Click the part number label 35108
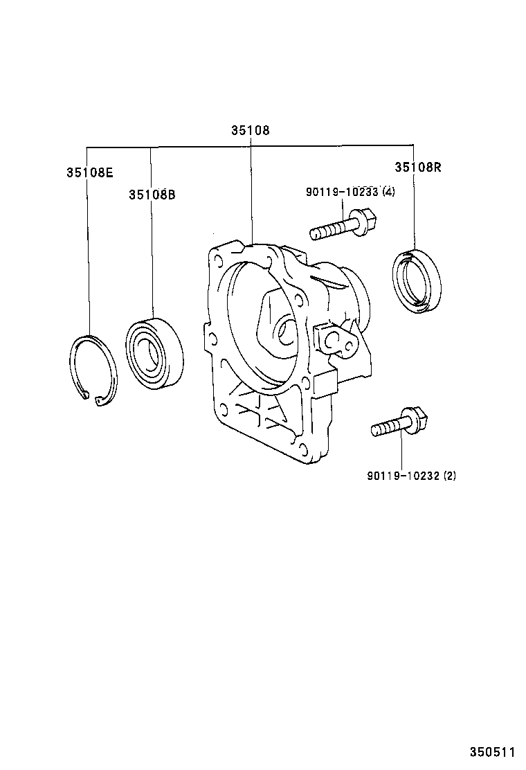coord(250,130)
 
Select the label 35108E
coord(89,172)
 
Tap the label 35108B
coord(152,195)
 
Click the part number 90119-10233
coord(342,192)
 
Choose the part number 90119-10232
coord(403,476)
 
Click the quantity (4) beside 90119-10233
coord(388,192)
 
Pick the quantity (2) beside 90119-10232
coord(450,476)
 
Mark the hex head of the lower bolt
coord(418,418)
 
